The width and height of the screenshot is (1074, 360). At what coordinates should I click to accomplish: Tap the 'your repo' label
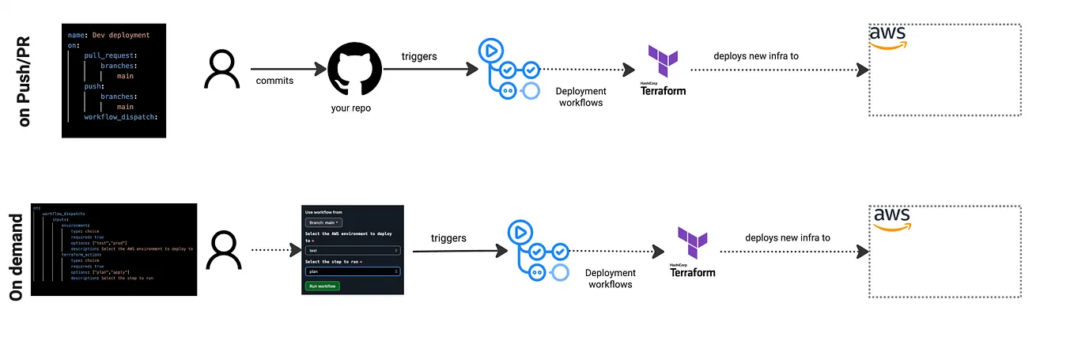[350, 108]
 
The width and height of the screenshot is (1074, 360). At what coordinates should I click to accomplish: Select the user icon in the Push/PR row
[221, 70]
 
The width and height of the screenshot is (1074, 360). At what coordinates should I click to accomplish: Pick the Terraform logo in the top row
[663, 71]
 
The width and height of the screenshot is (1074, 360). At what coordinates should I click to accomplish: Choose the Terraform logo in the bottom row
[692, 252]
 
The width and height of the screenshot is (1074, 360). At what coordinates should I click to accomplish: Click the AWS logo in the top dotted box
[888, 37]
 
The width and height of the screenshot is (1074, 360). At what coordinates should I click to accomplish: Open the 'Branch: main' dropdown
[323, 223]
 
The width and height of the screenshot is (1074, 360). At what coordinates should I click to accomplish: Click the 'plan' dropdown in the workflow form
[352, 271]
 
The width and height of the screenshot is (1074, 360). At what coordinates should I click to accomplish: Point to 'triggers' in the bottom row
[448, 237]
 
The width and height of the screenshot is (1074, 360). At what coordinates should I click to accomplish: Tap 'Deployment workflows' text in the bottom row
[610, 279]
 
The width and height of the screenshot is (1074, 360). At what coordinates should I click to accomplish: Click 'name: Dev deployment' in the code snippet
[108, 36]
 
